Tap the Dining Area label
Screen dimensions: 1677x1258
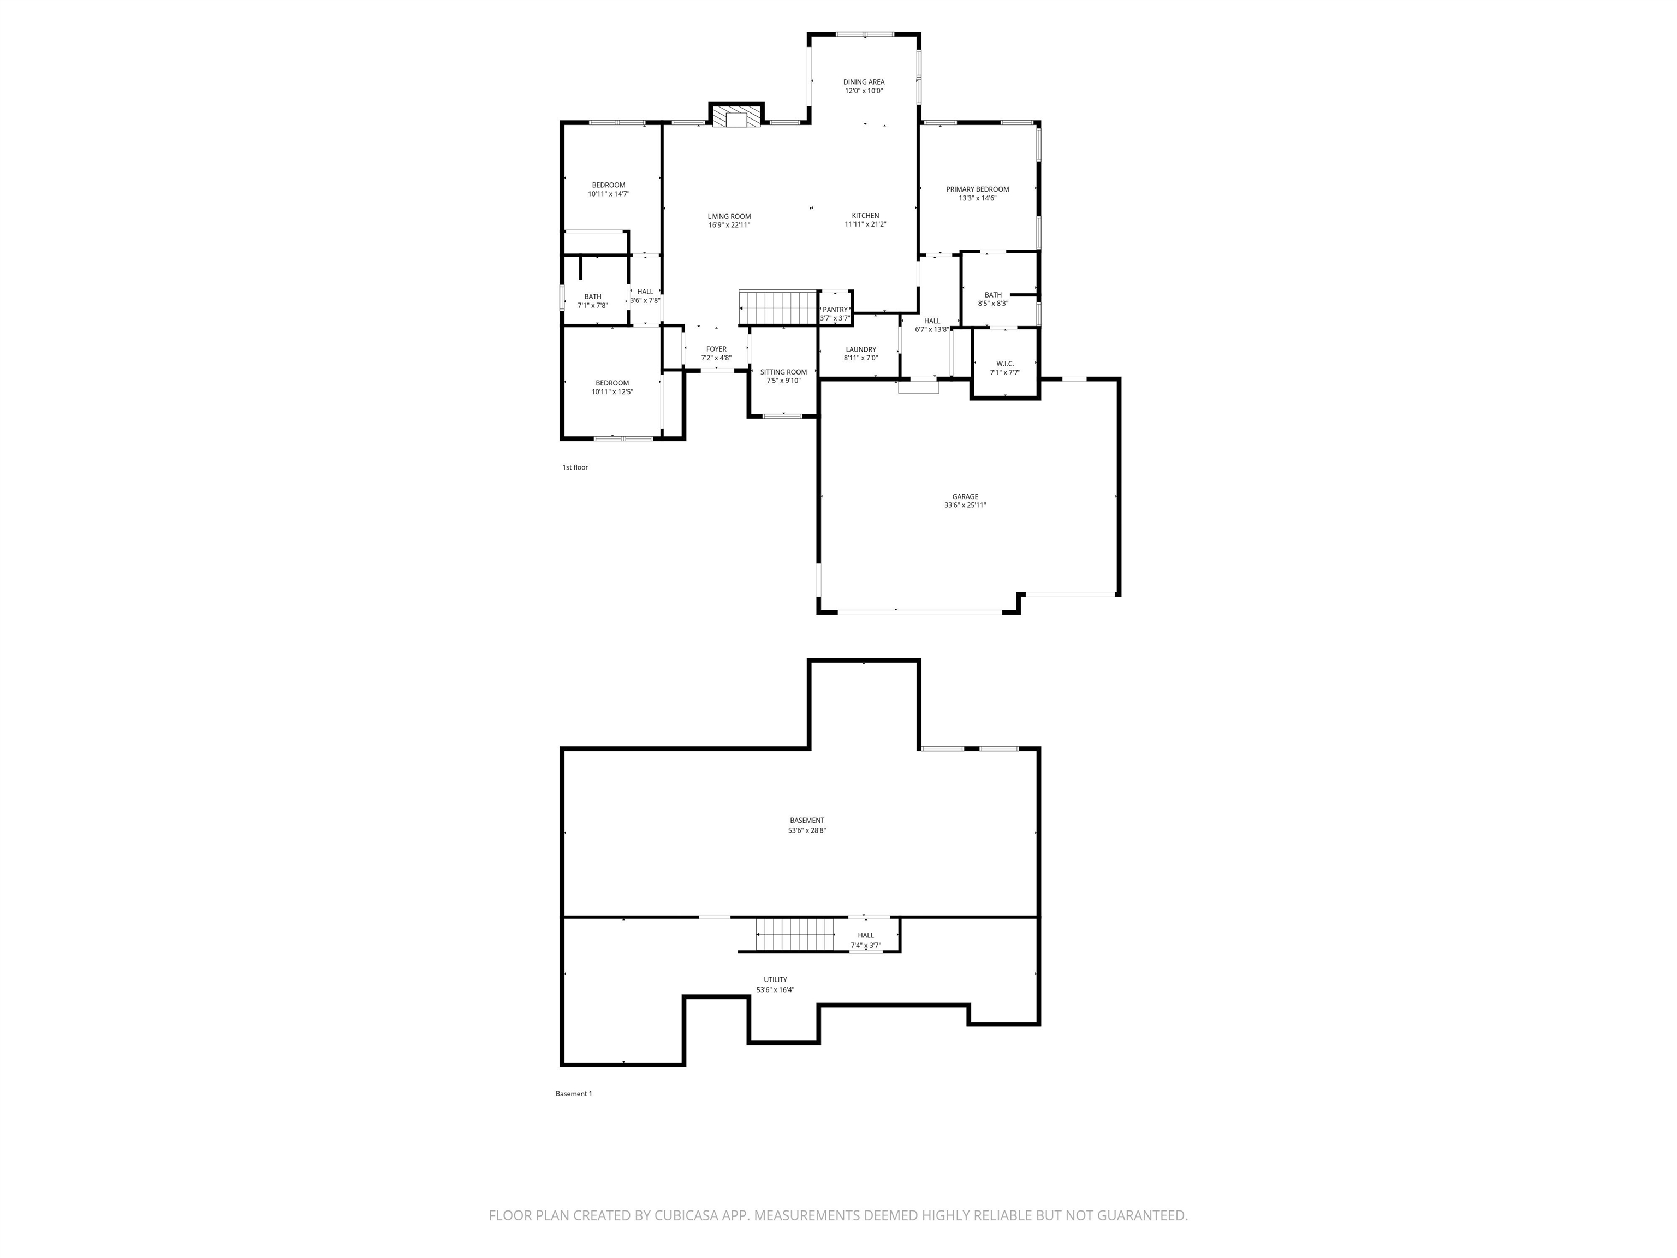pyautogui.click(x=864, y=82)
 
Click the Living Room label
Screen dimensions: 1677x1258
pyautogui.click(x=729, y=217)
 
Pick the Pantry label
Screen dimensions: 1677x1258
pyautogui.click(x=835, y=310)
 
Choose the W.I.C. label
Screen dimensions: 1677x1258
pyautogui.click(x=1006, y=364)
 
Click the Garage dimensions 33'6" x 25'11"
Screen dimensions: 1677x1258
pyautogui.click(x=965, y=506)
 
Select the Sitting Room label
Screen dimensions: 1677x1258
pyautogui.click(x=783, y=372)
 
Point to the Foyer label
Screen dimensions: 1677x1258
pyautogui.click(x=716, y=349)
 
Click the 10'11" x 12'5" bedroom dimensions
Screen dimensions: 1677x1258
pyautogui.click(x=612, y=393)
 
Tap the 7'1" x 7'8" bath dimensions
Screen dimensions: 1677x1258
pyautogui.click(x=593, y=306)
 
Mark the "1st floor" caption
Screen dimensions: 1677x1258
pyautogui.click(x=575, y=468)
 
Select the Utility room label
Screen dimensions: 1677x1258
pyautogui.click(x=776, y=980)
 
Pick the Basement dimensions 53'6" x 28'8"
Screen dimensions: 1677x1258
pyautogui.click(x=807, y=830)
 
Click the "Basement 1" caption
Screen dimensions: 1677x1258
pyautogui.click(x=574, y=1094)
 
